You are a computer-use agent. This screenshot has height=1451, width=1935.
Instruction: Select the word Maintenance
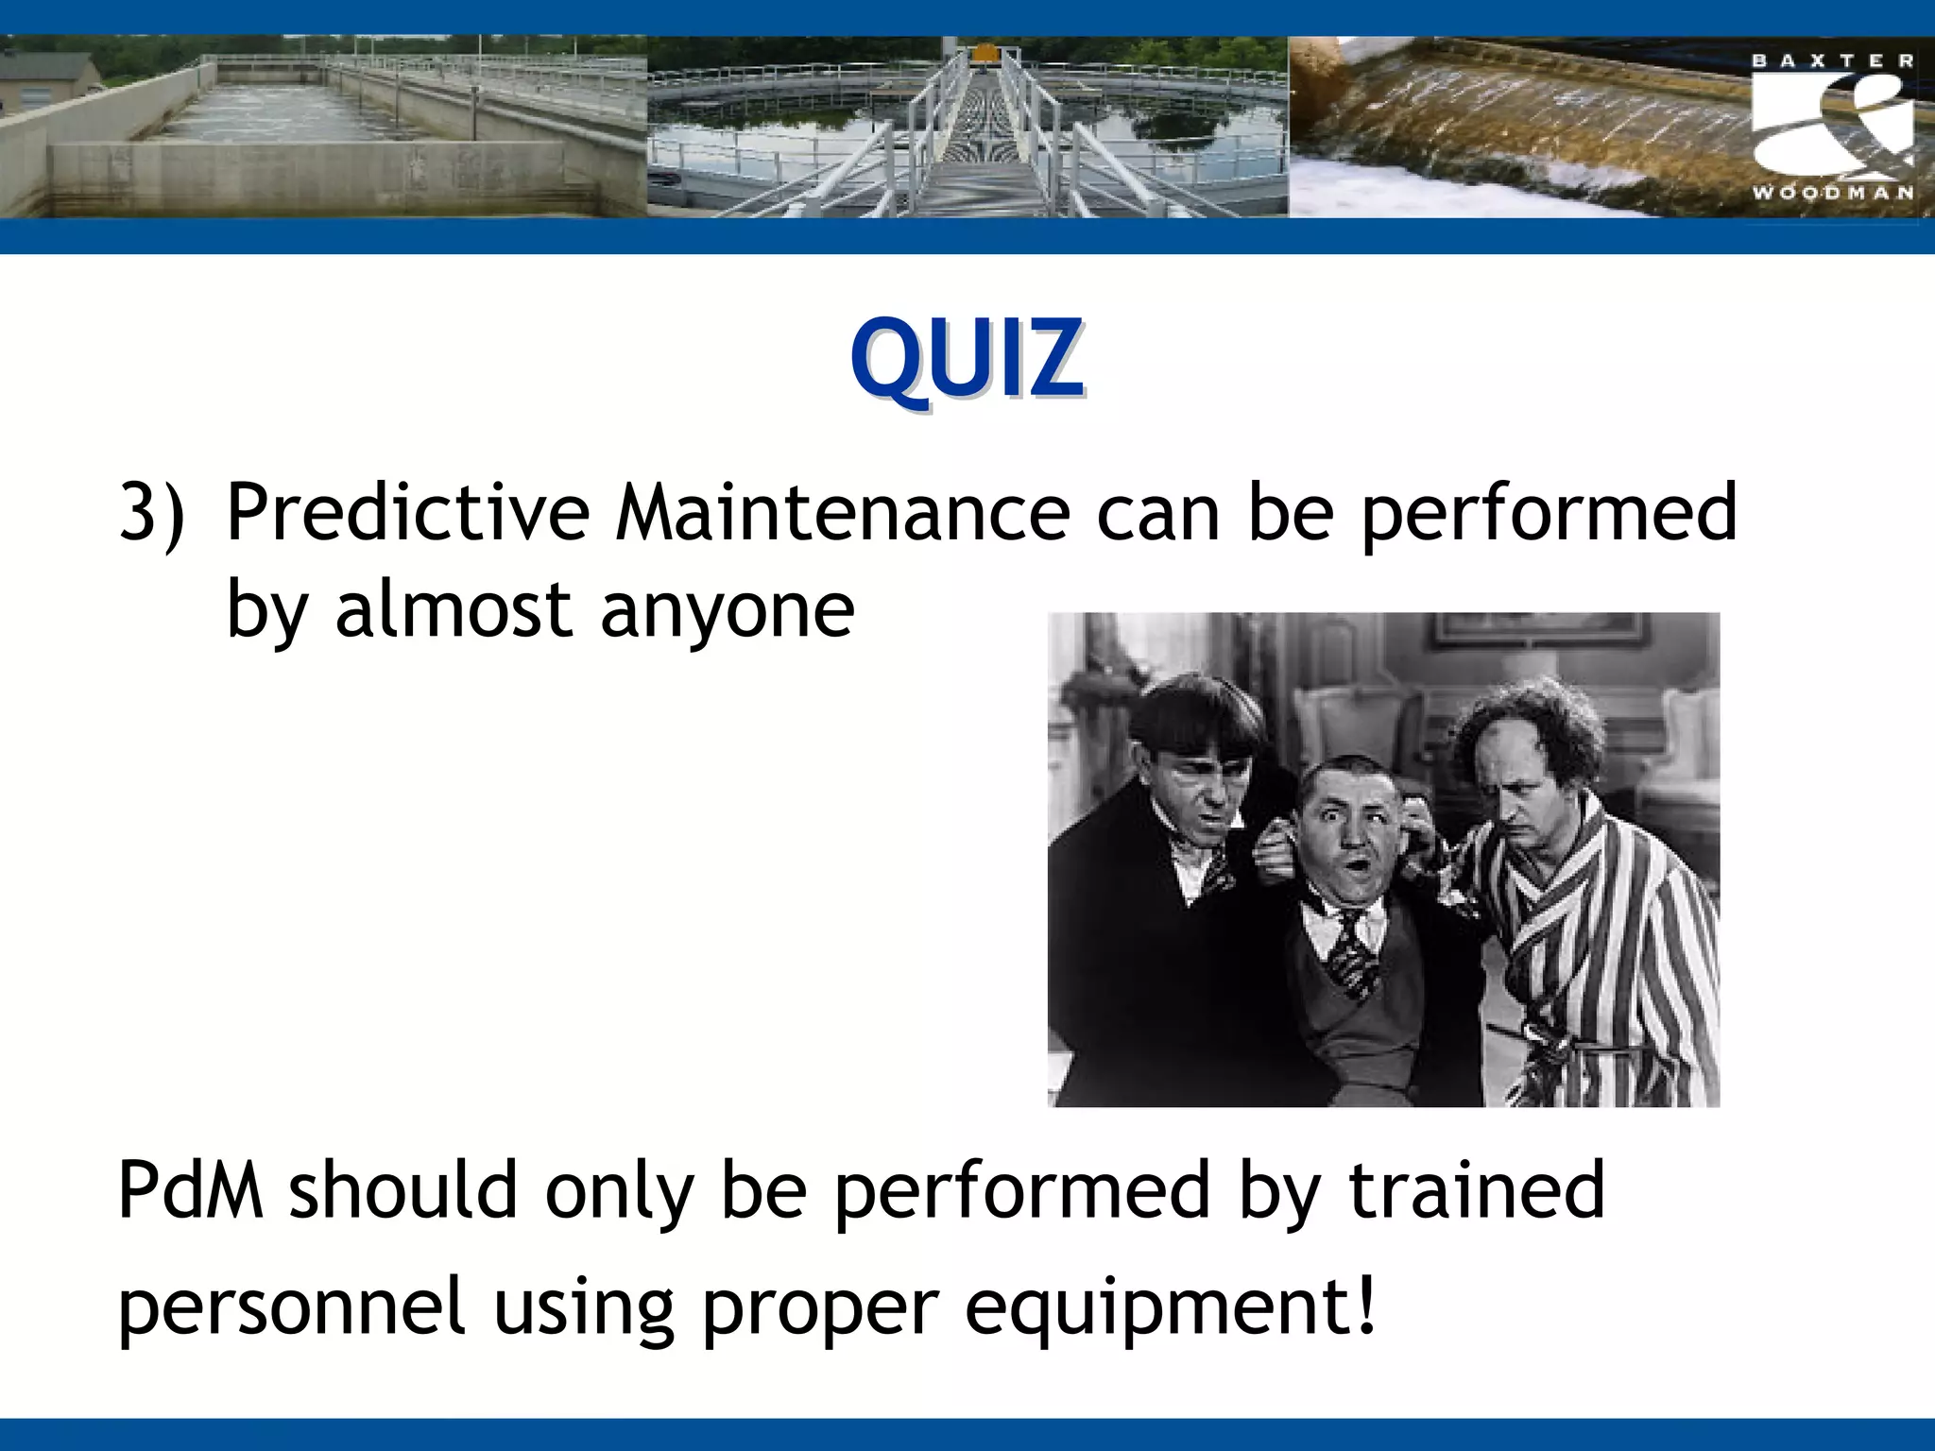(x=843, y=513)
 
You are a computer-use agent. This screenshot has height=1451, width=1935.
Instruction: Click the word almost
(x=453, y=609)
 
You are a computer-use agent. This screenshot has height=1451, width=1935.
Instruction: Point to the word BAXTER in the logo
(x=1833, y=61)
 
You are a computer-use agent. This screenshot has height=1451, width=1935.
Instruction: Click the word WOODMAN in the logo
(x=1833, y=194)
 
